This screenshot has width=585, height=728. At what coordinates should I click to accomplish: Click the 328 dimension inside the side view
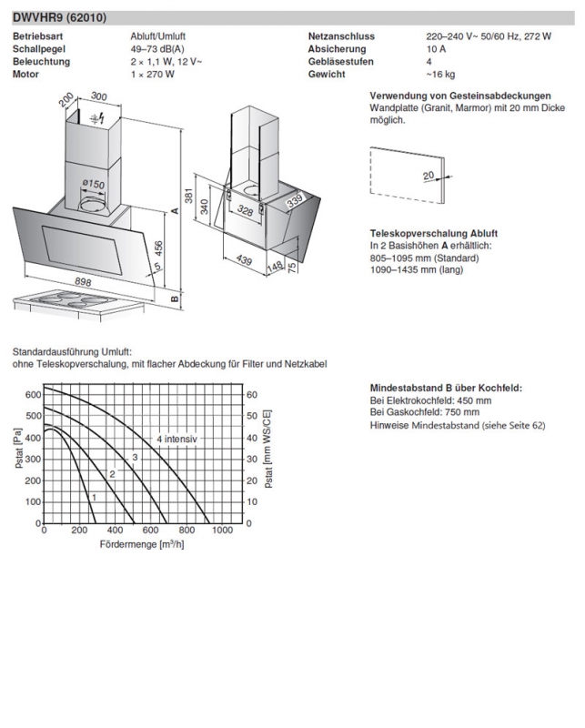(x=245, y=210)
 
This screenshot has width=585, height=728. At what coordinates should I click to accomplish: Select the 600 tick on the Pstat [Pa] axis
(x=32, y=395)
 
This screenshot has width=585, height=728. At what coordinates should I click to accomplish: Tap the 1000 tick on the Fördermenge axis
(x=222, y=531)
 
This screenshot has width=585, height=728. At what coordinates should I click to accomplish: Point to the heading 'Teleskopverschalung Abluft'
(x=433, y=234)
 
